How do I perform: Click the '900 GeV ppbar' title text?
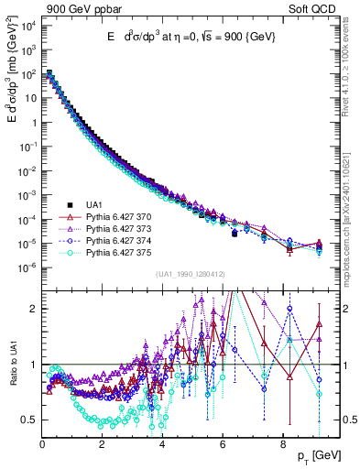tap(79, 10)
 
